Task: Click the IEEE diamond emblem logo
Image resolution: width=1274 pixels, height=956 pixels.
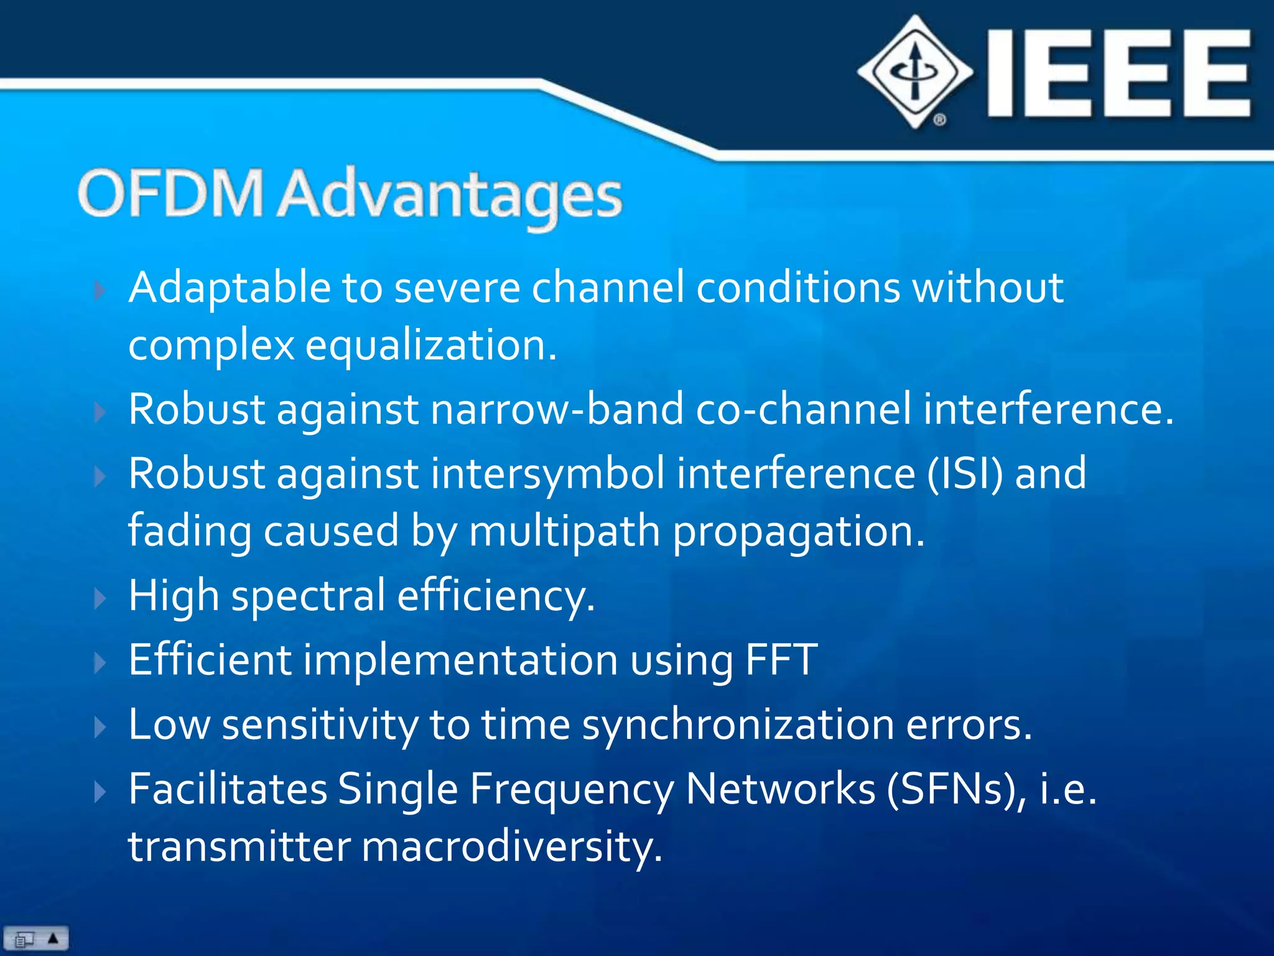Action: pyautogui.click(x=914, y=72)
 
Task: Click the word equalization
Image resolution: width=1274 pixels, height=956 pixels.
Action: pyautogui.click(x=430, y=346)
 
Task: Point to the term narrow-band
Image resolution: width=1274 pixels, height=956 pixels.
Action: pyautogui.click(x=557, y=410)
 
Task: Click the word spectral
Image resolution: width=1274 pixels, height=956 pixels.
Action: pyautogui.click(x=309, y=596)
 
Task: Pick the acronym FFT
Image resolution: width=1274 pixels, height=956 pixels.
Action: pyautogui.click(x=781, y=660)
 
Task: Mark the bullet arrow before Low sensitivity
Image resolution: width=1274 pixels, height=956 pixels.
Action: pyautogui.click(x=100, y=727)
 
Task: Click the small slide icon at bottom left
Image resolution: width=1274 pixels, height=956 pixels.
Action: pyautogui.click(x=25, y=939)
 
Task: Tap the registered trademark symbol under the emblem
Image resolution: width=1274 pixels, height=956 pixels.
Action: pyautogui.click(x=939, y=119)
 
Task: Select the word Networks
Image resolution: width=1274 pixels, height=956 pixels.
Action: pyautogui.click(x=780, y=790)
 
